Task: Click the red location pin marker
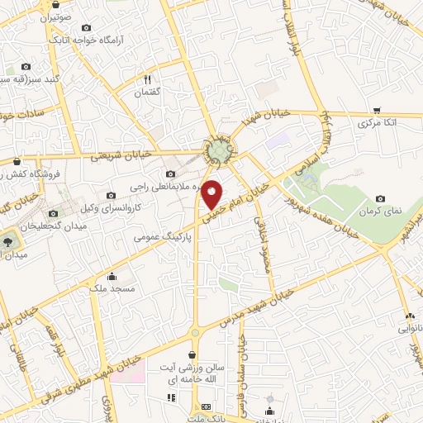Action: [212, 193]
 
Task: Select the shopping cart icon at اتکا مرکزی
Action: [377, 110]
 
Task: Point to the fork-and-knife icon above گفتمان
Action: [147, 80]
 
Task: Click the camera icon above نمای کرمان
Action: [381, 198]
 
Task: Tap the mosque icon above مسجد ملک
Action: [112, 277]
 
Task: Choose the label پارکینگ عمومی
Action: [162, 236]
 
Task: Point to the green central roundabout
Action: [219, 151]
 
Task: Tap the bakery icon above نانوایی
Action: [409, 316]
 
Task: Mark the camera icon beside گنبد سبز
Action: [26, 67]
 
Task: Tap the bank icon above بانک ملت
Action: [206, 408]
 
